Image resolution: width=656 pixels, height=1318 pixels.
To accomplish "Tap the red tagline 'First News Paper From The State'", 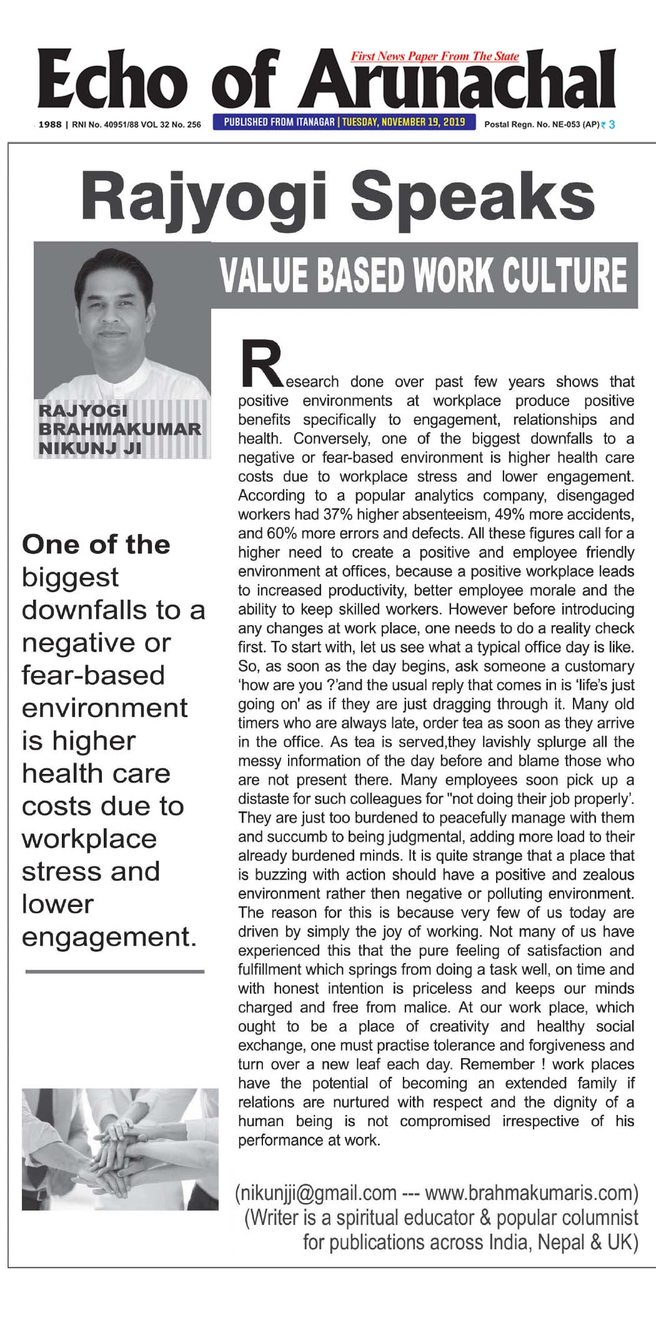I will pyautogui.click(x=435, y=57).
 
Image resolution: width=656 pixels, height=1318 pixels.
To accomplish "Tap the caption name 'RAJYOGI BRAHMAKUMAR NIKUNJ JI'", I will pyautogui.click(x=119, y=429).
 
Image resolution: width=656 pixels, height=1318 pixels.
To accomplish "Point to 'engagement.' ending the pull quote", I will pyautogui.click(x=109, y=936).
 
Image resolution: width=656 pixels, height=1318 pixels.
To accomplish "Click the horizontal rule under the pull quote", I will pyautogui.click(x=115, y=971).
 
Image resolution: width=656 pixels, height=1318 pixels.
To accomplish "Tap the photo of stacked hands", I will pyautogui.click(x=120, y=1153).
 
